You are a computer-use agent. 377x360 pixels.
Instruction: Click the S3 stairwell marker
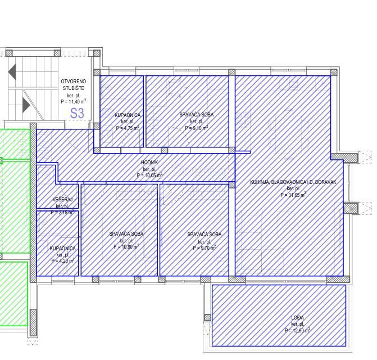(77, 113)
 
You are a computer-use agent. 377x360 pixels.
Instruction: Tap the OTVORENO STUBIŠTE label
(73, 85)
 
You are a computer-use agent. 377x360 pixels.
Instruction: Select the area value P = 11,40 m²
(73, 102)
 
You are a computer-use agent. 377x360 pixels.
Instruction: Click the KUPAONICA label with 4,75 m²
(128, 115)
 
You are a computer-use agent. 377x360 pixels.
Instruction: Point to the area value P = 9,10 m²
(197, 128)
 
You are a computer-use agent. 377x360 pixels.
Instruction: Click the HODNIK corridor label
(149, 163)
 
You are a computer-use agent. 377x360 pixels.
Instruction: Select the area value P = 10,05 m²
(149, 175)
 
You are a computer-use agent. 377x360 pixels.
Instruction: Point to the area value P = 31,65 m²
(293, 195)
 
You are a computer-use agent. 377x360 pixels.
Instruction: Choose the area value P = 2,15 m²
(62, 213)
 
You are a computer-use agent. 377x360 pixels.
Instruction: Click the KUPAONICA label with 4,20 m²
(62, 248)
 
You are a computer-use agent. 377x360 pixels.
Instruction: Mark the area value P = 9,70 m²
(204, 247)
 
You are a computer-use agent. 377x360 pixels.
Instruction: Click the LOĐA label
(298, 318)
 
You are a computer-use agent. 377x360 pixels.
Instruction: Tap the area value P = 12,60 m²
(298, 331)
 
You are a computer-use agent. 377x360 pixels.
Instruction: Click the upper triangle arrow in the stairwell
(12, 71)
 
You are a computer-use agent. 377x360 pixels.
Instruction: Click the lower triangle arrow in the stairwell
(26, 105)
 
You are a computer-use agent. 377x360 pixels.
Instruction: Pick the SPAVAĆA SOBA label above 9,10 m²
(197, 115)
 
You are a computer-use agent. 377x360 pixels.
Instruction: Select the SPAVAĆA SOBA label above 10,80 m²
(126, 234)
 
